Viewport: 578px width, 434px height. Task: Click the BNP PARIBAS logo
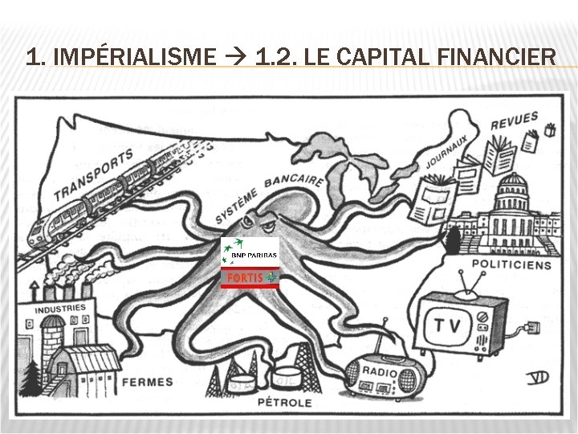(x=250, y=252)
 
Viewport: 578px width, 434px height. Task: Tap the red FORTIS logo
(x=250, y=277)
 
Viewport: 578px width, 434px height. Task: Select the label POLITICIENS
(x=511, y=264)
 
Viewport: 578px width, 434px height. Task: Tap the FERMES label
(x=147, y=382)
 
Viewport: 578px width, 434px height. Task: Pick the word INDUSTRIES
(x=59, y=309)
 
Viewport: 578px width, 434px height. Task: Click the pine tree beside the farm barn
(x=32, y=374)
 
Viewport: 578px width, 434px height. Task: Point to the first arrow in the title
(x=236, y=58)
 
